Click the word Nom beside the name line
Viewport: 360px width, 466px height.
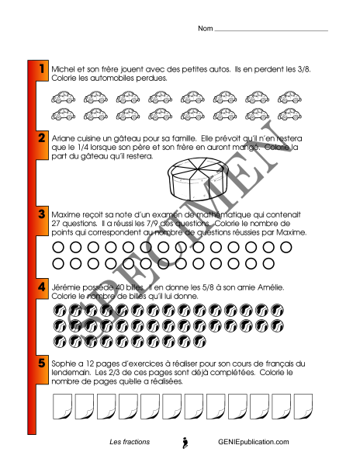click(206, 29)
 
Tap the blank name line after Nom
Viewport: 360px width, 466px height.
click(272, 30)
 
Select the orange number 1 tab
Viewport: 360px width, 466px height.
click(42, 71)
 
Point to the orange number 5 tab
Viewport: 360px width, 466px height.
click(42, 370)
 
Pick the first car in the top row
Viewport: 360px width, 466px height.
click(63, 97)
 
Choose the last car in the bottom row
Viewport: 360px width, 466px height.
click(289, 114)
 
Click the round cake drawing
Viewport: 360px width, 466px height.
click(198, 179)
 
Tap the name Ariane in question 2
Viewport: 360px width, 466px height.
click(63, 138)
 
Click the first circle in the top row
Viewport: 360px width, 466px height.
click(58, 247)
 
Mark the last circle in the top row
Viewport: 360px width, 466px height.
click(286, 247)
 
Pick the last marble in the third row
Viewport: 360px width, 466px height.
click(199, 342)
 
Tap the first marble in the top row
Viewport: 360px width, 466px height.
click(60, 311)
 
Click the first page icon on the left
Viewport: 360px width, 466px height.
click(62, 406)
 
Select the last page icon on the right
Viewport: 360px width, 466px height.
click(303, 406)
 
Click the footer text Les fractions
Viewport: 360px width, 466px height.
click(130, 442)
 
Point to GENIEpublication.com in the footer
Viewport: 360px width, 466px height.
click(254, 442)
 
